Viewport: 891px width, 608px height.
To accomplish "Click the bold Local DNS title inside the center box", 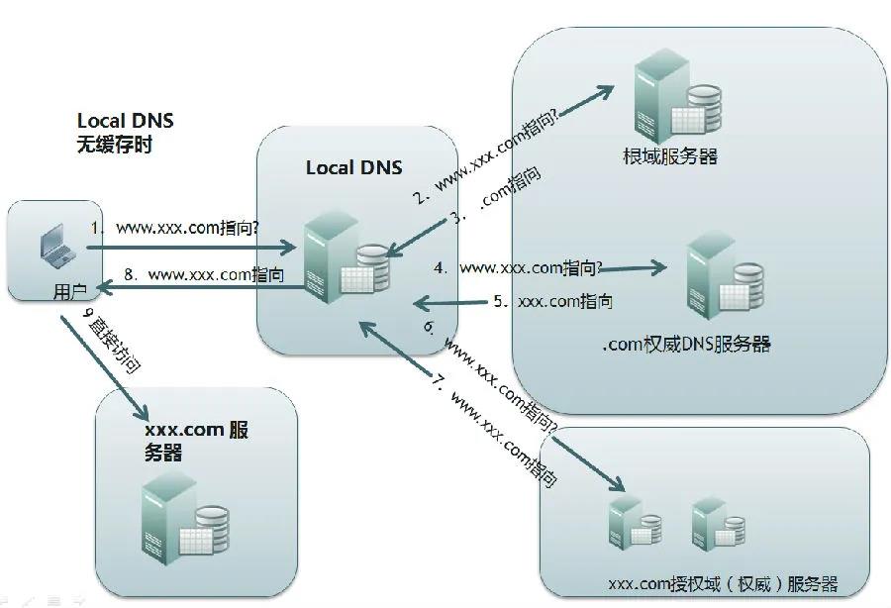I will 353,167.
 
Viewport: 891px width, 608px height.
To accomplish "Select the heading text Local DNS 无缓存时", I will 125,132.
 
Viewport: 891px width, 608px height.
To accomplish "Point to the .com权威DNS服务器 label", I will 685,345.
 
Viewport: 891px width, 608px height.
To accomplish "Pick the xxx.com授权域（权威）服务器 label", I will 723,583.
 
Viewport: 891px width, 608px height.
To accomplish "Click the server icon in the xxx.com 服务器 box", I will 184,520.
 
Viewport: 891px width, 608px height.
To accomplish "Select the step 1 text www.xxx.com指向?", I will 188,228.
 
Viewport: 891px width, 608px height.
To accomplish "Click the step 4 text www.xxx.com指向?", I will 530,267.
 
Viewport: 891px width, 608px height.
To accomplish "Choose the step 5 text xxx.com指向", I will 564,301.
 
